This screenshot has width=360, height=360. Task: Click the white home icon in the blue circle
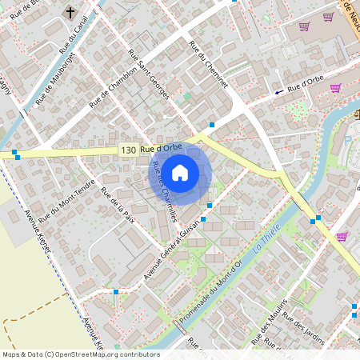tap(180, 172)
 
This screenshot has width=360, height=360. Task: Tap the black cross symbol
tap(70, 13)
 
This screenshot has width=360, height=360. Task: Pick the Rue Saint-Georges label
tap(149, 75)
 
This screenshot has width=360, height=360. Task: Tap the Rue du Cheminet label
tap(209, 64)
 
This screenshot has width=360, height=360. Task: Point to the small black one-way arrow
tap(279, 92)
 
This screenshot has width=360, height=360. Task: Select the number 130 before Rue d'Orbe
tap(128, 150)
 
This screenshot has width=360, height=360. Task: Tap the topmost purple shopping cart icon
tap(304, 26)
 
